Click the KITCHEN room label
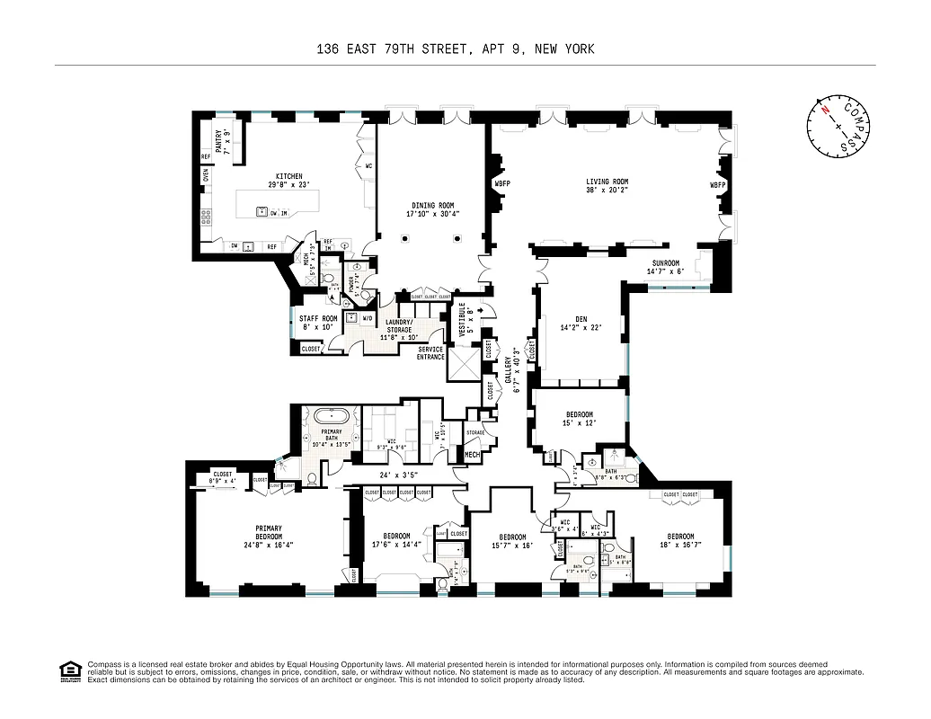pyautogui.click(x=288, y=176)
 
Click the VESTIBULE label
pyautogui.click(x=463, y=319)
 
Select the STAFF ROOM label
pyautogui.click(x=317, y=318)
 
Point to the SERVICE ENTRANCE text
pyautogui.click(x=430, y=353)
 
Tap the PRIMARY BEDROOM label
pyautogui.click(x=269, y=534)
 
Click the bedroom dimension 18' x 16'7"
pyautogui.click(x=679, y=545)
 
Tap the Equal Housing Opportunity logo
pyautogui.click(x=68, y=670)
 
